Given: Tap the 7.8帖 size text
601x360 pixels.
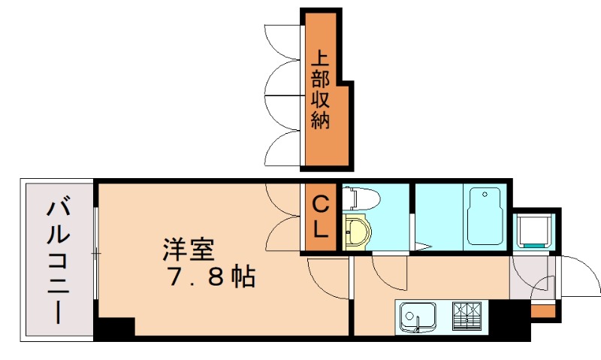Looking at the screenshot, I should click(210, 277).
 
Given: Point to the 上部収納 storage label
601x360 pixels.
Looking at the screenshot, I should click(321, 89).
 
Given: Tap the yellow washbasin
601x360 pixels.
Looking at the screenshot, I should click(357, 231).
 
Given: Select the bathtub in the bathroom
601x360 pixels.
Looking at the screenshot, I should click(485, 217).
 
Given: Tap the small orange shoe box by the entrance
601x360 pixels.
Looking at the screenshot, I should click(542, 310).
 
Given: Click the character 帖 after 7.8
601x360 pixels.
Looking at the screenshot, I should click(242, 277).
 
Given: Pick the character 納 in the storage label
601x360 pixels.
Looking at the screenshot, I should click(321, 120).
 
